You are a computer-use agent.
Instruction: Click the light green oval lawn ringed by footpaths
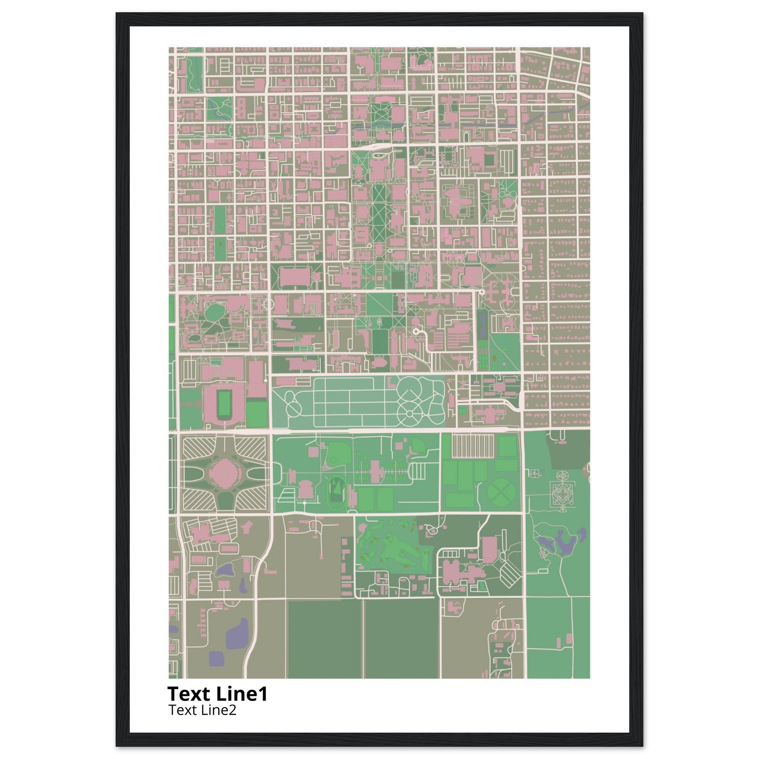click(214, 312)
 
